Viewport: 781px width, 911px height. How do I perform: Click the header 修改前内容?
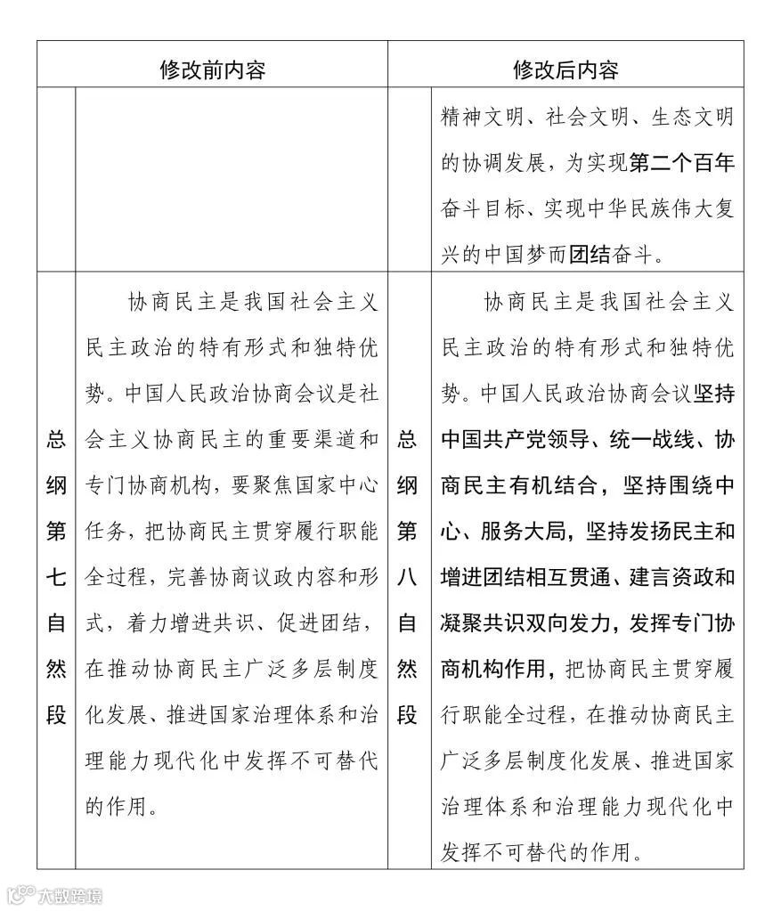pyautogui.click(x=212, y=69)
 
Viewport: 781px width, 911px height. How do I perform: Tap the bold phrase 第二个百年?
pyautogui.click(x=681, y=163)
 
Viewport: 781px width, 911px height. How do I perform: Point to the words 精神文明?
pyautogui.click(x=476, y=117)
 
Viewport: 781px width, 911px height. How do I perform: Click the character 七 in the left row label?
pyautogui.click(x=56, y=578)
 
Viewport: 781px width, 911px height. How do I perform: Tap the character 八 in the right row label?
pyautogui.click(x=407, y=578)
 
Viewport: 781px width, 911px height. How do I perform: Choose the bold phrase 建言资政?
pyautogui.click(x=683, y=578)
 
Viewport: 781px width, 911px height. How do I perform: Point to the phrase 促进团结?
pyautogui.click(x=325, y=624)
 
